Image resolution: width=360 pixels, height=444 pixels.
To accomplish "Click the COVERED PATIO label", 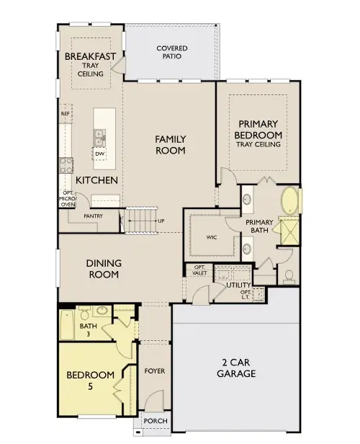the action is point(172,52).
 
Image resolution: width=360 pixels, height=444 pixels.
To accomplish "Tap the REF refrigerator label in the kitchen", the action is point(66,114).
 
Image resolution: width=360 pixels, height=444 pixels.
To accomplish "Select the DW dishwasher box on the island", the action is point(99,154).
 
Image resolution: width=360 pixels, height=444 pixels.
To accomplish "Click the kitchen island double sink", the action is point(99,138).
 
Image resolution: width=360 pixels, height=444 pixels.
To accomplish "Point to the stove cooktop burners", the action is point(66,165).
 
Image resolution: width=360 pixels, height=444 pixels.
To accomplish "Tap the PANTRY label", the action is point(93,216).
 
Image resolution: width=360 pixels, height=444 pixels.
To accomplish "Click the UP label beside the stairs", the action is point(161,221).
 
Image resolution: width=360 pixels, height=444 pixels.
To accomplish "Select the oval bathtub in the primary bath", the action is point(290,200).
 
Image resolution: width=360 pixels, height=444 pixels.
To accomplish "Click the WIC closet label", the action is point(212,237).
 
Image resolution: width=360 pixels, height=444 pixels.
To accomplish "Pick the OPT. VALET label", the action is point(199,270).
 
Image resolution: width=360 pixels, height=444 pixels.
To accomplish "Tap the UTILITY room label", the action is point(238,285).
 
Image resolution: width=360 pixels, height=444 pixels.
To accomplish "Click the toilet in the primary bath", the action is point(289,277).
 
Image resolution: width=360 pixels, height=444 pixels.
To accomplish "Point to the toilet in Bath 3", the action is point(84,313).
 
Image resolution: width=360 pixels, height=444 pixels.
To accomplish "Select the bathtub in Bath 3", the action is point(67,325).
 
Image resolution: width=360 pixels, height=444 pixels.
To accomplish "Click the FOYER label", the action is point(155,371).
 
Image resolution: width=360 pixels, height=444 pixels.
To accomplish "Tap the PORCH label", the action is point(156,421).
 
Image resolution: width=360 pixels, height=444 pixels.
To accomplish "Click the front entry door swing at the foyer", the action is point(154,399).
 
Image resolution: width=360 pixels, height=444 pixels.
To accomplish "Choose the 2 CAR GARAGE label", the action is point(236,368).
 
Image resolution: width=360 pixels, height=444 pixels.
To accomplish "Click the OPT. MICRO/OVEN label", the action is point(68,198).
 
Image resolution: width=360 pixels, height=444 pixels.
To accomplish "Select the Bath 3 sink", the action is point(102,311).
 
